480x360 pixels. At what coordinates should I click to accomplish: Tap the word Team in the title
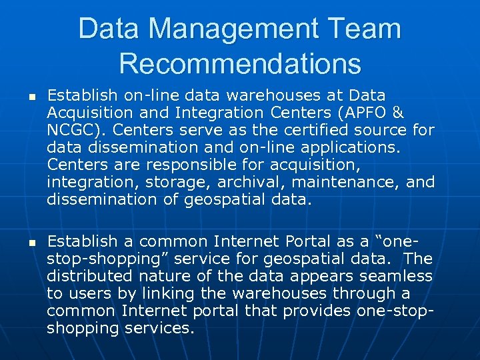tap(365, 29)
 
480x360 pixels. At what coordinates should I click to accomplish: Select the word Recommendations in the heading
tap(240, 63)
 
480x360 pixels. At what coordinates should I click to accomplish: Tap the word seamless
tap(395, 276)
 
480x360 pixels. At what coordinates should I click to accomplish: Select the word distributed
tap(91, 276)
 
